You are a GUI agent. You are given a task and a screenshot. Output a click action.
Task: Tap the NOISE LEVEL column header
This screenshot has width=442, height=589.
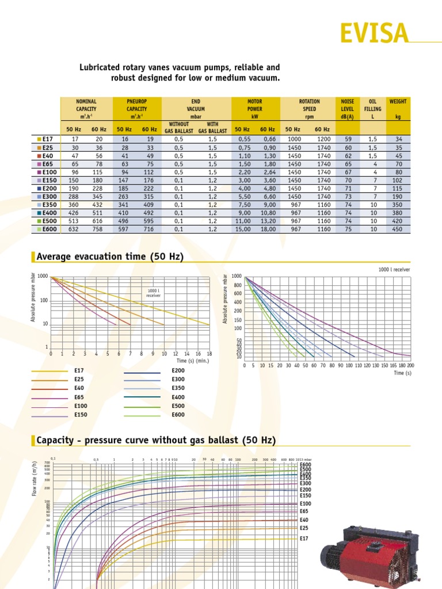pos(348,109)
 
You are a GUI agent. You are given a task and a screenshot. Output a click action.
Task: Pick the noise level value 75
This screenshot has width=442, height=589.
pos(348,229)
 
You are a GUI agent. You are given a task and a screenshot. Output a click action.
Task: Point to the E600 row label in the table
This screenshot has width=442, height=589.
pos(47,229)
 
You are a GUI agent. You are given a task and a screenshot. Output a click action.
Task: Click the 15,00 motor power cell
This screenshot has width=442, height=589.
pos(242,229)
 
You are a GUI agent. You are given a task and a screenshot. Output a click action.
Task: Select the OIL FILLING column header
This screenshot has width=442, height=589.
pos(372,109)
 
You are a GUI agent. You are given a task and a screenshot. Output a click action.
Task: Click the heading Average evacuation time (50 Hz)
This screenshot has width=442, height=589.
pos(110,257)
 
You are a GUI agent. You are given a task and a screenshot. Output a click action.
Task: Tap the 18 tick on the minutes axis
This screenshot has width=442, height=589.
pos(209,354)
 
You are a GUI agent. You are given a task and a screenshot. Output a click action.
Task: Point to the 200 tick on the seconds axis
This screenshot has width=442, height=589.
pos(410,365)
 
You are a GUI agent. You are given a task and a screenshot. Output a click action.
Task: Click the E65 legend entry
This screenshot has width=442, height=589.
pos(79,397)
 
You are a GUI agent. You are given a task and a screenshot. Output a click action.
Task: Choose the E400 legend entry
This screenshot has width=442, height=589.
pos(178,397)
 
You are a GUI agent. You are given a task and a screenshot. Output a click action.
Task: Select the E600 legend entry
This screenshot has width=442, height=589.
pos(178,415)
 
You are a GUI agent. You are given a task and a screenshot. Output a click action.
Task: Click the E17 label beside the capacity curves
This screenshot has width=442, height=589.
pos(304,538)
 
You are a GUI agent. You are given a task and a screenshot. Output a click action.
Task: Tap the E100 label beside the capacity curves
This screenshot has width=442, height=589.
pos(305,504)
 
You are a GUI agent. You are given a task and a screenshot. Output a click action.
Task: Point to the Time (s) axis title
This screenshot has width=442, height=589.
pos(402,373)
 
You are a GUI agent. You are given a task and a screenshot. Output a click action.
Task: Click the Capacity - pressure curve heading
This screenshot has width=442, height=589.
pos(156,441)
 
